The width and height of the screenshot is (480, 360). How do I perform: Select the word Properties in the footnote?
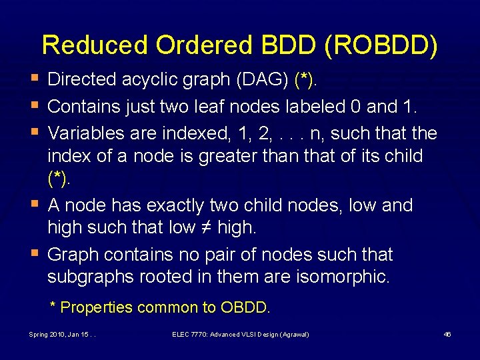[x=96, y=307]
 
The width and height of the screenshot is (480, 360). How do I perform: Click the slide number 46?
[x=447, y=334]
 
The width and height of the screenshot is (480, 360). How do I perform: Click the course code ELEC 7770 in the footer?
[x=189, y=334]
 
